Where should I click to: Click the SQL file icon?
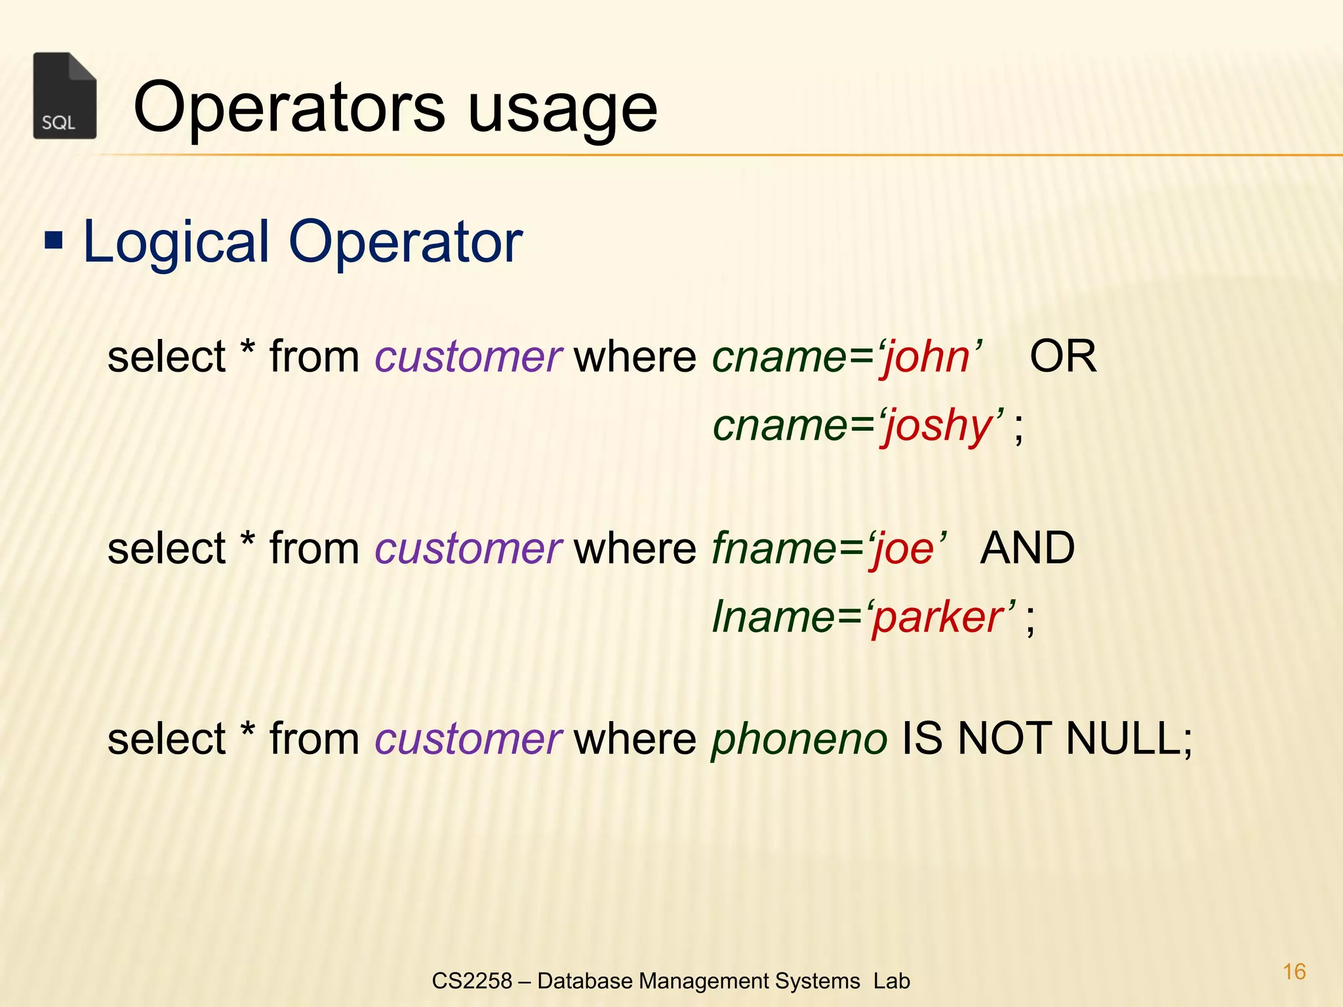65,96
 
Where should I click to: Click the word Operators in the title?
289,108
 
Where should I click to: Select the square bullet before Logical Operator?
54,241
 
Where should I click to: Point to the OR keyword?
1062,357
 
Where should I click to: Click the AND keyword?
1027,548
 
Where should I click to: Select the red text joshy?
939,427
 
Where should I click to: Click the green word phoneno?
799,740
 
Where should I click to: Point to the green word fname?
772,548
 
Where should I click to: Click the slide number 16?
1294,972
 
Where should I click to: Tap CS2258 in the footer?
471,981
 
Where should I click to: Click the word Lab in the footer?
891,981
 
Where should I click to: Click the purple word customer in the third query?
468,740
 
